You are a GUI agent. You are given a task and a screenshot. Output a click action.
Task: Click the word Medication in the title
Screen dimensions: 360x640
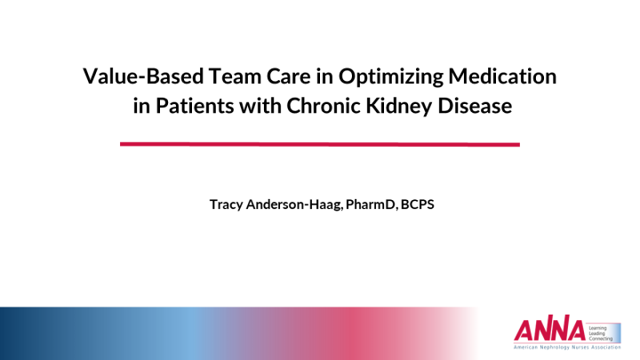tap(507, 77)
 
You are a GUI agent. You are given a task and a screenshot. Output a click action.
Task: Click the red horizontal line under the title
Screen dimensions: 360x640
tap(320, 143)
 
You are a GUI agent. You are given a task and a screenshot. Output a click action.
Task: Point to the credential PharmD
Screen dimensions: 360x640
tap(373, 204)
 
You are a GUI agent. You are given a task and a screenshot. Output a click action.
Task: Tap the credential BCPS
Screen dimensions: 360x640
tap(417, 204)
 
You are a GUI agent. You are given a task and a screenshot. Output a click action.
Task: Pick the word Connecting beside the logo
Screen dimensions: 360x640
tap(602, 339)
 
